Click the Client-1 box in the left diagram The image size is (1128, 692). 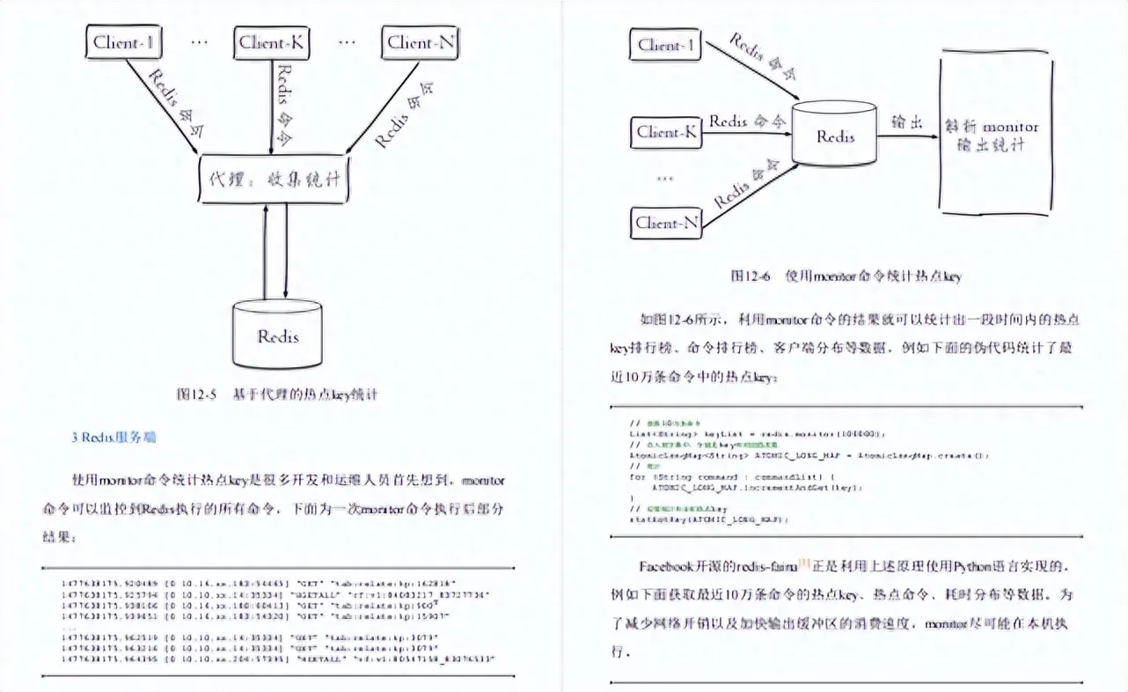(x=122, y=42)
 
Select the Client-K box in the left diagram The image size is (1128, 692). (x=274, y=42)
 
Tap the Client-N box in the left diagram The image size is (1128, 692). (x=422, y=42)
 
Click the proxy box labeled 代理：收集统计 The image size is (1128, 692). (x=275, y=179)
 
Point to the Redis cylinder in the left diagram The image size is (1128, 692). (x=278, y=335)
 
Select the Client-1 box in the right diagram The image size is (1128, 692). (x=666, y=45)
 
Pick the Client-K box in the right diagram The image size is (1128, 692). (x=666, y=133)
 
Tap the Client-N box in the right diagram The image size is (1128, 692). (x=666, y=223)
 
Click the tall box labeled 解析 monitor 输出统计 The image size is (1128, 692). (x=996, y=134)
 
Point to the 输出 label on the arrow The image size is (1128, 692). (x=907, y=122)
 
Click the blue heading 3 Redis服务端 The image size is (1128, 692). (x=114, y=437)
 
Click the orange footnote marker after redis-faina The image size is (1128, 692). (x=803, y=563)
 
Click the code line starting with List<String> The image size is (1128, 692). (x=758, y=433)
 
